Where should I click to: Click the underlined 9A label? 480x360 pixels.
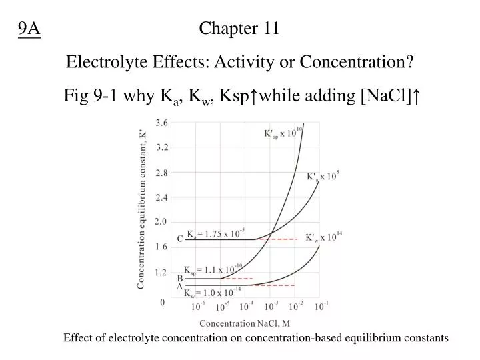point(29,28)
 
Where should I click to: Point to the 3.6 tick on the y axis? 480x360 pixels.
point(161,123)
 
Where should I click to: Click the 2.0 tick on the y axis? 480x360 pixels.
point(161,221)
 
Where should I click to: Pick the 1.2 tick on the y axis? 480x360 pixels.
point(161,272)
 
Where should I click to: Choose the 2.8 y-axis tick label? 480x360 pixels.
point(161,172)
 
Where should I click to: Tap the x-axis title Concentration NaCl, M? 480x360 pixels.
point(244,324)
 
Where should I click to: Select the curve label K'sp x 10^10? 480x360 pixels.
point(283,132)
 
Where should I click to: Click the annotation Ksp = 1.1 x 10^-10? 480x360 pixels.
point(213,269)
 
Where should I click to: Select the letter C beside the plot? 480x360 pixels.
point(179,239)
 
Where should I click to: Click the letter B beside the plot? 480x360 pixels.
point(179,278)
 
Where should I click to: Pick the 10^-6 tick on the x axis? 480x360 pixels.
point(198,307)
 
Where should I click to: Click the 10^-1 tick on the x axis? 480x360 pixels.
point(321,307)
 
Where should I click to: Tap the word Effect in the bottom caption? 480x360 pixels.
point(78,338)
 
